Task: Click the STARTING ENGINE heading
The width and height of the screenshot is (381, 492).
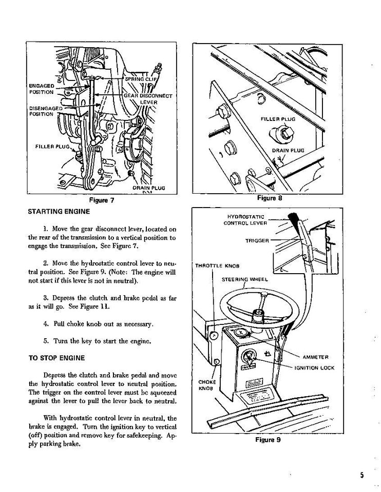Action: (59, 211)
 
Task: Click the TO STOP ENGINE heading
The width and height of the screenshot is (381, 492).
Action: (56, 358)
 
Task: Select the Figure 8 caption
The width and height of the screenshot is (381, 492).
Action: (269, 198)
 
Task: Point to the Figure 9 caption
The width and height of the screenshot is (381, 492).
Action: (268, 439)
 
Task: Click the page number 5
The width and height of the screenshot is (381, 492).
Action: (361, 475)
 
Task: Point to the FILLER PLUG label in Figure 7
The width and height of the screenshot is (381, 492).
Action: (52, 147)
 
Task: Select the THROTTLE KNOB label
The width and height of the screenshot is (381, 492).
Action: (217, 265)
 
